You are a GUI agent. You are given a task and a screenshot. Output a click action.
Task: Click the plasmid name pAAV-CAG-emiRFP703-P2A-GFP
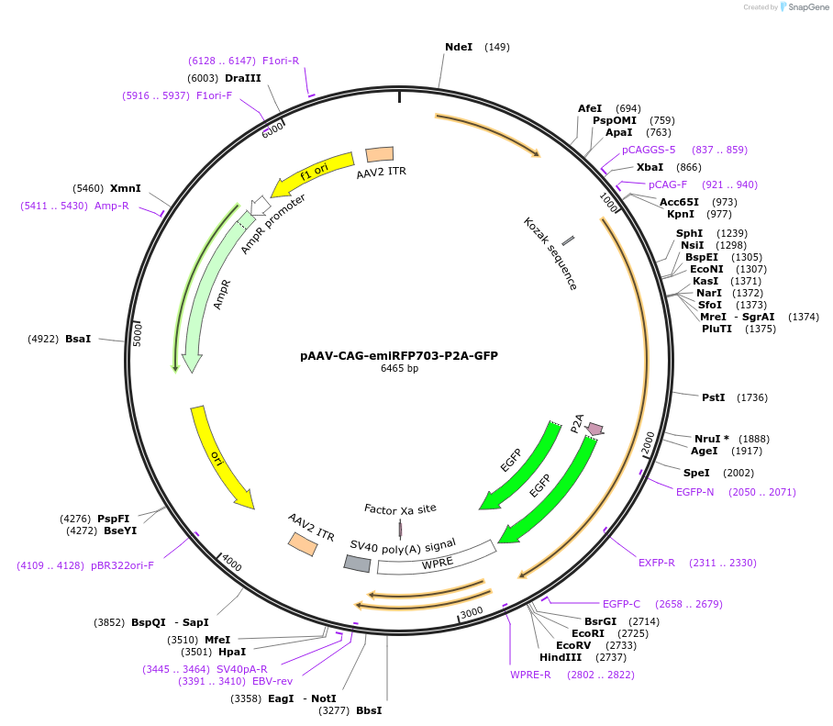pyautogui.click(x=398, y=355)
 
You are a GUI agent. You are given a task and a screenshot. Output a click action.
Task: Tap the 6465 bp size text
pyautogui.click(x=399, y=369)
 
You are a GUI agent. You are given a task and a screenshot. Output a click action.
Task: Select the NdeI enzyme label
pyautogui.click(x=459, y=47)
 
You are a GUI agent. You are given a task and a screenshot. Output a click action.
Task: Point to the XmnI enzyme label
pyautogui.click(x=125, y=188)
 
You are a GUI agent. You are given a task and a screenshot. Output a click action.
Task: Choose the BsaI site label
pyautogui.click(x=78, y=339)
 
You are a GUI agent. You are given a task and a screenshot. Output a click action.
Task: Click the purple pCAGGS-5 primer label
pyautogui.click(x=648, y=150)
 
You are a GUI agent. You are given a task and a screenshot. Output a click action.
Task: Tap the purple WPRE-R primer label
pyautogui.click(x=530, y=675)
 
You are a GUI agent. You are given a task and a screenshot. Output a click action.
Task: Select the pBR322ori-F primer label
pyautogui.click(x=122, y=565)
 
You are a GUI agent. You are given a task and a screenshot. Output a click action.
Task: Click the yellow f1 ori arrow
pyautogui.click(x=317, y=171)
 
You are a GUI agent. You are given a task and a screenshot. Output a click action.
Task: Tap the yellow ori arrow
pyautogui.click(x=220, y=456)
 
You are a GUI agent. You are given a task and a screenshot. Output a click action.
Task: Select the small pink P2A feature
pyautogui.click(x=594, y=429)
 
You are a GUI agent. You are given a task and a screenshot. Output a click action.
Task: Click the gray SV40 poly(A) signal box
pyautogui.click(x=357, y=564)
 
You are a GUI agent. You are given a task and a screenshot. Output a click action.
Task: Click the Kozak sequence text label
pyautogui.click(x=550, y=253)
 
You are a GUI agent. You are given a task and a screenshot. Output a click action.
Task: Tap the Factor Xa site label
pyautogui.click(x=400, y=508)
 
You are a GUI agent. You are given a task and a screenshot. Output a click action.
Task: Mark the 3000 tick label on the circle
pyautogui.click(x=471, y=612)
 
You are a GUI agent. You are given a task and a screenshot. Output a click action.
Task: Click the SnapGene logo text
pyautogui.click(x=807, y=7)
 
